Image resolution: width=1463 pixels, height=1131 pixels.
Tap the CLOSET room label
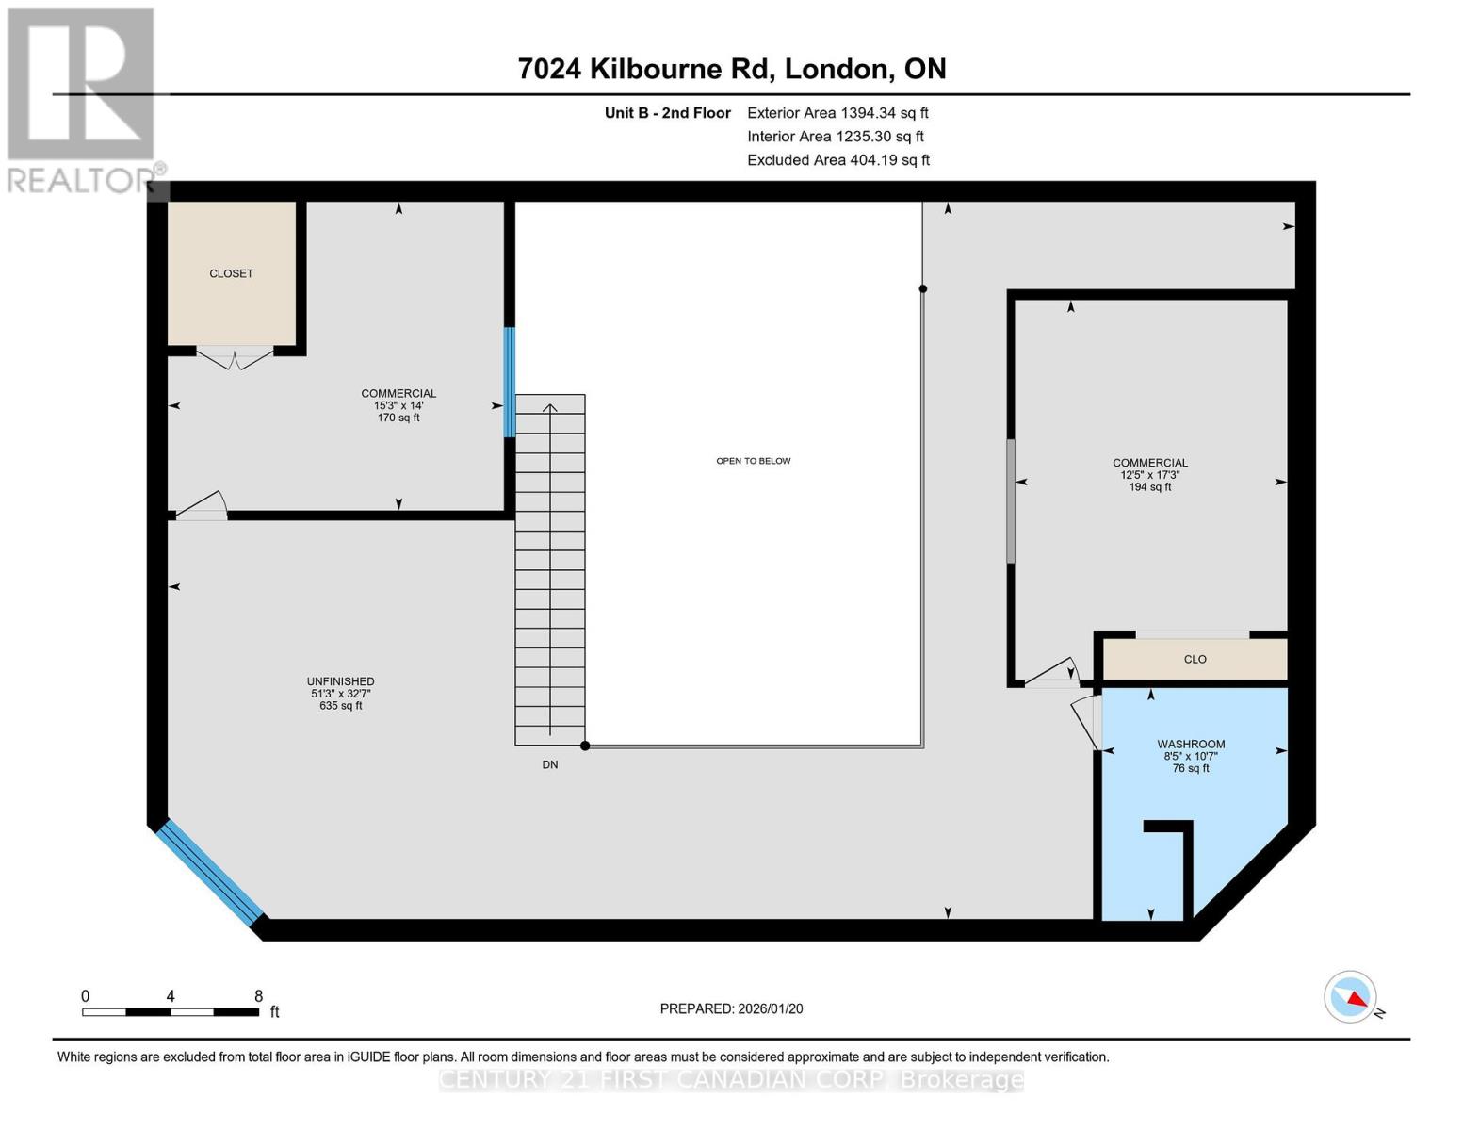click(x=231, y=273)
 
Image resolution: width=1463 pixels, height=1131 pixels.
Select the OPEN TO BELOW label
click(x=753, y=461)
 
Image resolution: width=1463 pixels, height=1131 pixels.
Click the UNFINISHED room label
click(x=340, y=681)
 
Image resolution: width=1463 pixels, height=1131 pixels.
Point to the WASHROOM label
click(x=1191, y=745)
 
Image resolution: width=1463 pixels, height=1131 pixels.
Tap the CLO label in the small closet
click(x=1195, y=660)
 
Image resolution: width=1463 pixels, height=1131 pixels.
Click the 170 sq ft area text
click(x=398, y=418)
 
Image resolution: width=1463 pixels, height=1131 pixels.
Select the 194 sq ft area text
click(x=1149, y=487)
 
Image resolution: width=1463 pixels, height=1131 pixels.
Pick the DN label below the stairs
click(x=550, y=764)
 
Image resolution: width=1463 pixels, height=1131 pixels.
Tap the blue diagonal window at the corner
click(x=209, y=873)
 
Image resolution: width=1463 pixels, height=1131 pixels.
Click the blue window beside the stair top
click(x=510, y=382)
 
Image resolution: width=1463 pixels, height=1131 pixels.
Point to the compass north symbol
click(x=1351, y=997)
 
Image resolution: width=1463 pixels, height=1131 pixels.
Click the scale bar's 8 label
click(x=258, y=996)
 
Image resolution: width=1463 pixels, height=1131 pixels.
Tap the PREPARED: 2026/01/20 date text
click(x=731, y=1008)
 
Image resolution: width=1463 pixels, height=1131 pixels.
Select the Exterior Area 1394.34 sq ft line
click(x=837, y=113)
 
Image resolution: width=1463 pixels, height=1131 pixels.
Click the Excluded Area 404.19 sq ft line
click(x=837, y=160)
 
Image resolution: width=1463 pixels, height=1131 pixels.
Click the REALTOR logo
click(x=83, y=99)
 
